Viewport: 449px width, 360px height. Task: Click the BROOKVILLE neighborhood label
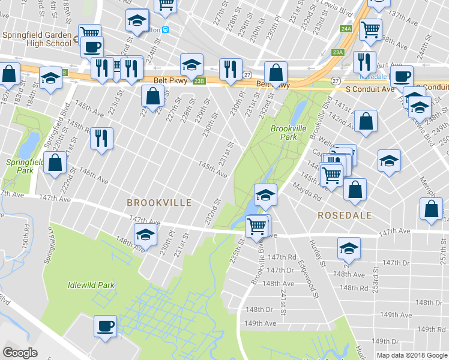159,203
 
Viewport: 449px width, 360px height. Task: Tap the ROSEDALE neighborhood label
345,215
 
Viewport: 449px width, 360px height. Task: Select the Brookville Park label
284,133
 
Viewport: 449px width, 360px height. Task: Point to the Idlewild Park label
91,285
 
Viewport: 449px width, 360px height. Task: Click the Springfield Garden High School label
37,39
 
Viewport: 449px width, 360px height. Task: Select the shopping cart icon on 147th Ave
257,226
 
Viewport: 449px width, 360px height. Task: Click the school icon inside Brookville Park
265,194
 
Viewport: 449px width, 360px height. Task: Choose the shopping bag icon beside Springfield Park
55,163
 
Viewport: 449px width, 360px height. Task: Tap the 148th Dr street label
261,310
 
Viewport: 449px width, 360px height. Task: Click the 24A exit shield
345,28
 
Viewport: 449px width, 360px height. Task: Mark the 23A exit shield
338,52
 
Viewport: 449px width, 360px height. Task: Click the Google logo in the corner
20,353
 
